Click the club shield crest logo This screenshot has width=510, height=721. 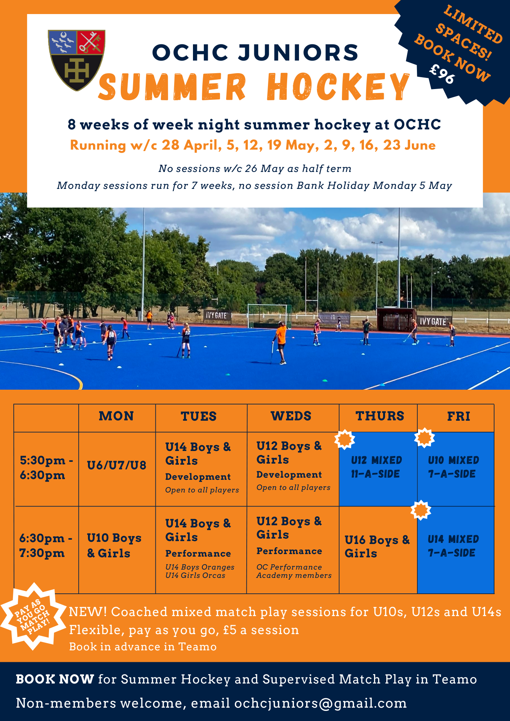click(76, 60)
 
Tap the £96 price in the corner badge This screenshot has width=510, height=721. click(442, 74)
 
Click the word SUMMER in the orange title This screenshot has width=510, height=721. click(172, 87)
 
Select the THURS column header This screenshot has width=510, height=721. click(380, 416)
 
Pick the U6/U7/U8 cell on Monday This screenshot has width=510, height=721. click(116, 465)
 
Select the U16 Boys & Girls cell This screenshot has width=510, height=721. click(377, 547)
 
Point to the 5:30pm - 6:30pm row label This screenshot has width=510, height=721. click(46, 468)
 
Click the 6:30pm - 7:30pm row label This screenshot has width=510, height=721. click(46, 545)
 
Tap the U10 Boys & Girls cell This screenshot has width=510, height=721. click(114, 545)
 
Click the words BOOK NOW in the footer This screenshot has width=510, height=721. click(55, 679)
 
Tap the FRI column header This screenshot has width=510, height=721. click(458, 416)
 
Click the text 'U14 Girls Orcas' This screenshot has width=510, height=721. click(195, 576)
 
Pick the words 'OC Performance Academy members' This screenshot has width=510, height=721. click(294, 571)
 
